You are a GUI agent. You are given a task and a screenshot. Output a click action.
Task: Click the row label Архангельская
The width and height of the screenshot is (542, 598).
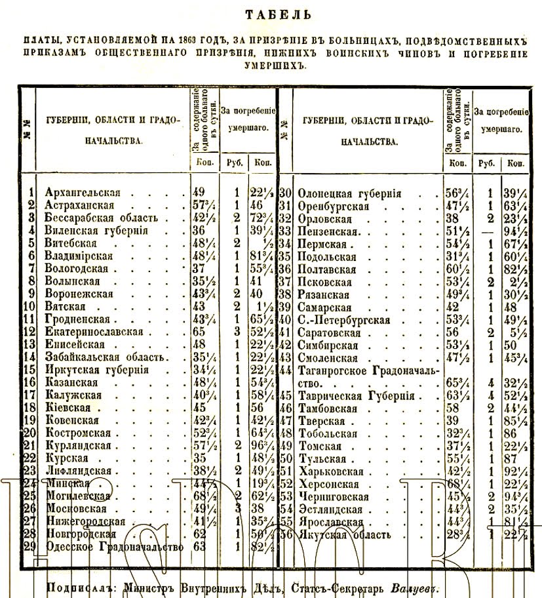coord(83,193)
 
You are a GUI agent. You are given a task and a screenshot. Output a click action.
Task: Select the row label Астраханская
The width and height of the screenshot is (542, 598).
coord(79,205)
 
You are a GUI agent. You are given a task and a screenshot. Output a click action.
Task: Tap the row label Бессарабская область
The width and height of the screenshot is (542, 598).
coord(101,218)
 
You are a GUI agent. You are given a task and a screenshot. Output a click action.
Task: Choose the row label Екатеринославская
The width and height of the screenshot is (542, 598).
coord(94,332)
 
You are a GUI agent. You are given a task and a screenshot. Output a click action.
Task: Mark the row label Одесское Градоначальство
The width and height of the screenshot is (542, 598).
coord(113,547)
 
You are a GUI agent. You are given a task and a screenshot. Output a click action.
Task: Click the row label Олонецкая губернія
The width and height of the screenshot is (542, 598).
coord(349,194)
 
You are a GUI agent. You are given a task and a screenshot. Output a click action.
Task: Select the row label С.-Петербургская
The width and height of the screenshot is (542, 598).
coord(344,321)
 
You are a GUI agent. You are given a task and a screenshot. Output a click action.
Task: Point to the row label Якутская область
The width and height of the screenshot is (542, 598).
coord(345,534)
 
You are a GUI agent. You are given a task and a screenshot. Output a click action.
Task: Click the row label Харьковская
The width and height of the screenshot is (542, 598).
coord(331,471)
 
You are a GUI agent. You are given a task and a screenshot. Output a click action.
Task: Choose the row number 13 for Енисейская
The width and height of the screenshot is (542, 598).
coord(28,344)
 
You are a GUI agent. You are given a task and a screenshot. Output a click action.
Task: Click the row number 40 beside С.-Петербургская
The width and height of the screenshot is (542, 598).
coord(285,321)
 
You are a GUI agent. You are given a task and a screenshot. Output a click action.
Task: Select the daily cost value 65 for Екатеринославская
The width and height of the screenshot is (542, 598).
coord(199,332)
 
